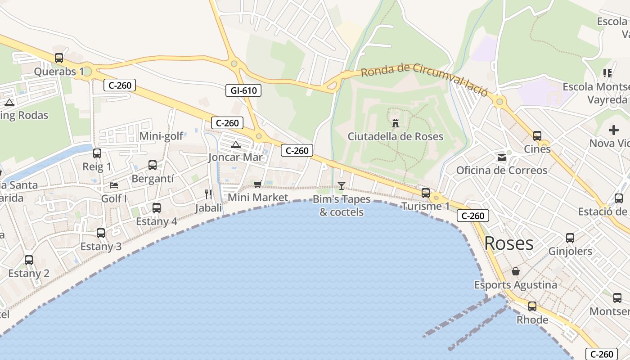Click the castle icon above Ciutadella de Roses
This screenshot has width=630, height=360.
(x=396, y=123)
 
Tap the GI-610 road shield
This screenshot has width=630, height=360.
(x=243, y=90)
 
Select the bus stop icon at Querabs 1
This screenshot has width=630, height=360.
(x=59, y=58)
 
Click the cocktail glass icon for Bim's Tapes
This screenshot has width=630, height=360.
(x=342, y=185)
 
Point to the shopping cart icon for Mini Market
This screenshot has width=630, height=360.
(x=258, y=184)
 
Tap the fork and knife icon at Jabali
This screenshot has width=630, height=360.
(x=208, y=194)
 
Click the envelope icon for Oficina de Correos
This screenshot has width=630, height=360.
(x=501, y=157)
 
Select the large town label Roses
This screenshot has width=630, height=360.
(x=509, y=243)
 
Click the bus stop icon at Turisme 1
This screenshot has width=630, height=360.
(x=425, y=193)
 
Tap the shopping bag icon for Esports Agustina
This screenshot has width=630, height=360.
(x=516, y=272)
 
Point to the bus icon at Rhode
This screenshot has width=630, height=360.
(x=532, y=306)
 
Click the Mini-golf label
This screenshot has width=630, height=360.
(x=162, y=136)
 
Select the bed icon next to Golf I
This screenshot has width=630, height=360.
(x=114, y=185)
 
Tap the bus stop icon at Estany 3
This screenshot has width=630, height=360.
(x=101, y=233)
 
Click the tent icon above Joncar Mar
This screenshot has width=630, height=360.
(x=235, y=144)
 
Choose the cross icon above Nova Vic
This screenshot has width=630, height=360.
(x=614, y=130)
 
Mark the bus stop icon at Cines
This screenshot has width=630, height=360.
(x=537, y=135)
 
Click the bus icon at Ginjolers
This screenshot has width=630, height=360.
(x=570, y=238)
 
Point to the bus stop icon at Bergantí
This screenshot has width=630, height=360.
(x=153, y=165)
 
